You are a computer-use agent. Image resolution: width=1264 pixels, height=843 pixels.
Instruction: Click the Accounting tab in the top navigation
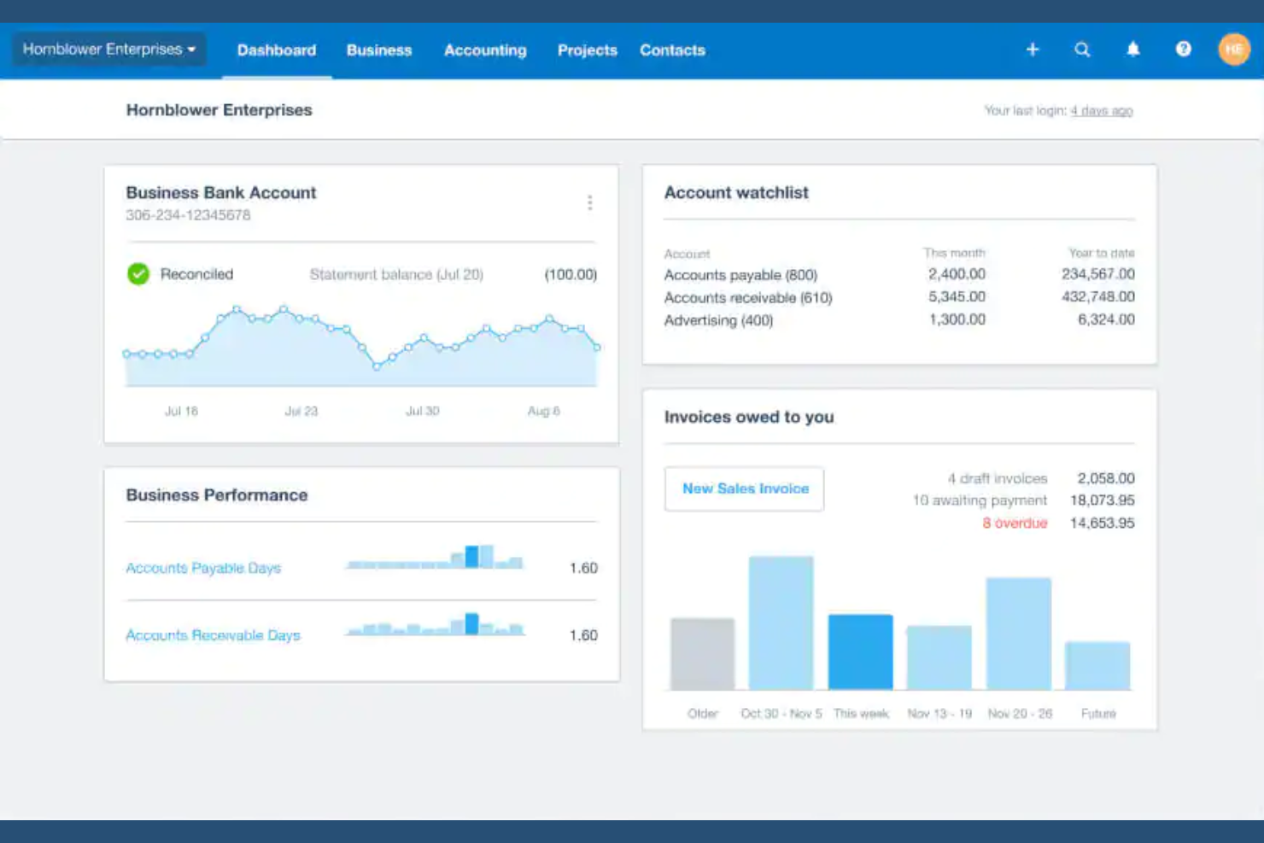coord(485,50)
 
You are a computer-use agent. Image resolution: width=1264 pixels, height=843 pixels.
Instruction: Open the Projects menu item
coord(587,50)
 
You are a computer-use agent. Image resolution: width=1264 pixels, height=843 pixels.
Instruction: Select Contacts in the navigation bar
coord(672,50)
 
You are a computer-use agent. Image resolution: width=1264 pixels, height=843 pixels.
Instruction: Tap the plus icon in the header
coord(1033,50)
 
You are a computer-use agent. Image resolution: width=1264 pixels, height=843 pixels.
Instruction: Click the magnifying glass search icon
coord(1082,50)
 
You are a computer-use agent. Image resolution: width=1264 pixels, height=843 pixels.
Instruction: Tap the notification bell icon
coord(1132,50)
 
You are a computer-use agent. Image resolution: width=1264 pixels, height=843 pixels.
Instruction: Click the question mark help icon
coord(1183,50)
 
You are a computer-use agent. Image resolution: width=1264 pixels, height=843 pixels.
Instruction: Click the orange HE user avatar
coord(1233,50)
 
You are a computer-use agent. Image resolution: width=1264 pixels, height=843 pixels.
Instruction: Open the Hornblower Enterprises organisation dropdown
coord(109,50)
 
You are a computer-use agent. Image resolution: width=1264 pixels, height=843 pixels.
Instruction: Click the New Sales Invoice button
coord(745,489)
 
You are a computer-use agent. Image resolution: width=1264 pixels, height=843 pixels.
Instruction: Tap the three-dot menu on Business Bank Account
coord(589,202)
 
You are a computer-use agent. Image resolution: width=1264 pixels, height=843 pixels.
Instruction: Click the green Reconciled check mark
coord(138,274)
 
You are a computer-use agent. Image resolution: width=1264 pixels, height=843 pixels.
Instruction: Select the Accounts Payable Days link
coord(203,568)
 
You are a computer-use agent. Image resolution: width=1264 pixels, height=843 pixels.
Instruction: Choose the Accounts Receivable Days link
coord(213,635)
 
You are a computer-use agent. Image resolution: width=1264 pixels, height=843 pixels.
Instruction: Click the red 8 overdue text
coord(1014,523)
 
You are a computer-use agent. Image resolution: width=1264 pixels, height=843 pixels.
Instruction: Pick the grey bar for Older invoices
coord(702,653)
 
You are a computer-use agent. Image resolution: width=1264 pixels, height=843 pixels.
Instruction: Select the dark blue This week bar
coord(860,652)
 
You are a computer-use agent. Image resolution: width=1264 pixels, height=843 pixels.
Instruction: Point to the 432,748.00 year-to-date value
coord(1097,297)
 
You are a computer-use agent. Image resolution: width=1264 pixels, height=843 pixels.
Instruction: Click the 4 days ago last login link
coord(1101,111)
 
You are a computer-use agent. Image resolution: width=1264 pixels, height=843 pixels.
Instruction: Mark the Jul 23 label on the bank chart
coord(301,411)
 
